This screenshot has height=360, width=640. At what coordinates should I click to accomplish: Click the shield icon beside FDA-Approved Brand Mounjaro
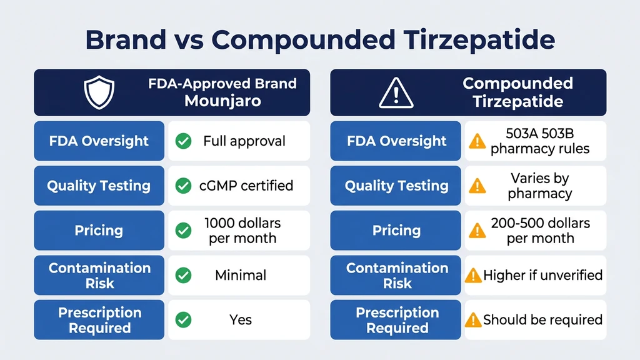point(99,92)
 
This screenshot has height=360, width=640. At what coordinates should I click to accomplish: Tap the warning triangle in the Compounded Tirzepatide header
point(396,92)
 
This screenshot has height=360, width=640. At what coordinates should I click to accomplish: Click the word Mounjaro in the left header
point(222,101)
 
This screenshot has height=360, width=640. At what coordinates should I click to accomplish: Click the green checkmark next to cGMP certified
point(183,186)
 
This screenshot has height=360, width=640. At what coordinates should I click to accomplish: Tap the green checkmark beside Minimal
point(183,275)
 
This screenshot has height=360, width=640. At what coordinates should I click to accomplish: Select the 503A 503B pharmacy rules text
point(540,141)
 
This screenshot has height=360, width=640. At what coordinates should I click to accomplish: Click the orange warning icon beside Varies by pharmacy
point(477,186)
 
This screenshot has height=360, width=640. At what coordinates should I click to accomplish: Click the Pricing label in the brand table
point(99,231)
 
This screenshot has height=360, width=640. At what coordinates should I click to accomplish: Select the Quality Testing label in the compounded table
point(396,186)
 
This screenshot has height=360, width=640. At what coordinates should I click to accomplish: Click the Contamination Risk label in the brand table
point(99,276)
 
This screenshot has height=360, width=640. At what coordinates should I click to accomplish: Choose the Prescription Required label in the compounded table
point(397,320)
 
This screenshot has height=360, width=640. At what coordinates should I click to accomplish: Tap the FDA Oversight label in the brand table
point(99,141)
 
